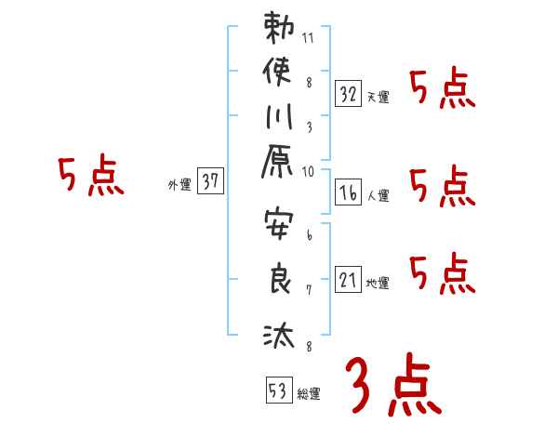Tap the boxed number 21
(x=348, y=278)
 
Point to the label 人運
(x=378, y=196)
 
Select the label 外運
(x=179, y=185)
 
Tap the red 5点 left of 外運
(x=91, y=177)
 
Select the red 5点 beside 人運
(x=443, y=187)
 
